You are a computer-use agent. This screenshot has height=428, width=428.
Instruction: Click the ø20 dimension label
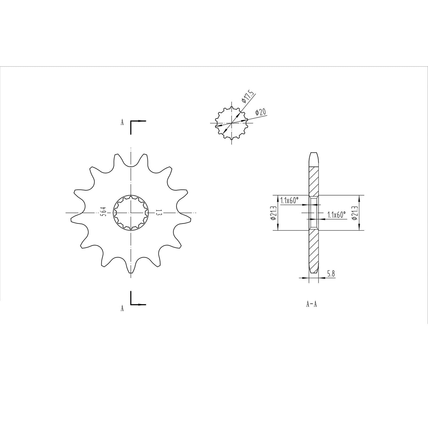[x=261, y=112]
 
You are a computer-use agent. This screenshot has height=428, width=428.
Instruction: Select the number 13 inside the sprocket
[x=158, y=212]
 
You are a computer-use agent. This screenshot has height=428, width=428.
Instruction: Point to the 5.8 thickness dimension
[x=331, y=274]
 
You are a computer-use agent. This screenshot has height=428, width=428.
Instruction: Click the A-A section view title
[x=312, y=304]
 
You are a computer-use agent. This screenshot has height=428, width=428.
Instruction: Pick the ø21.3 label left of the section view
[x=273, y=213]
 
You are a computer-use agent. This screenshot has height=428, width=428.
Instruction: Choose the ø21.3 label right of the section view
[x=354, y=213]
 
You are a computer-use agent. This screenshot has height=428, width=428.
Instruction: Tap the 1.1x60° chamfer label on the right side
[x=337, y=215]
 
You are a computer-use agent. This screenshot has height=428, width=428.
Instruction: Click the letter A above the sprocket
[x=122, y=122]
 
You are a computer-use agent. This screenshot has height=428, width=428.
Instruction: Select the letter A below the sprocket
[x=122, y=308]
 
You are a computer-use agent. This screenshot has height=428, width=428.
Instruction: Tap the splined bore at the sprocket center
[x=130, y=213]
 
